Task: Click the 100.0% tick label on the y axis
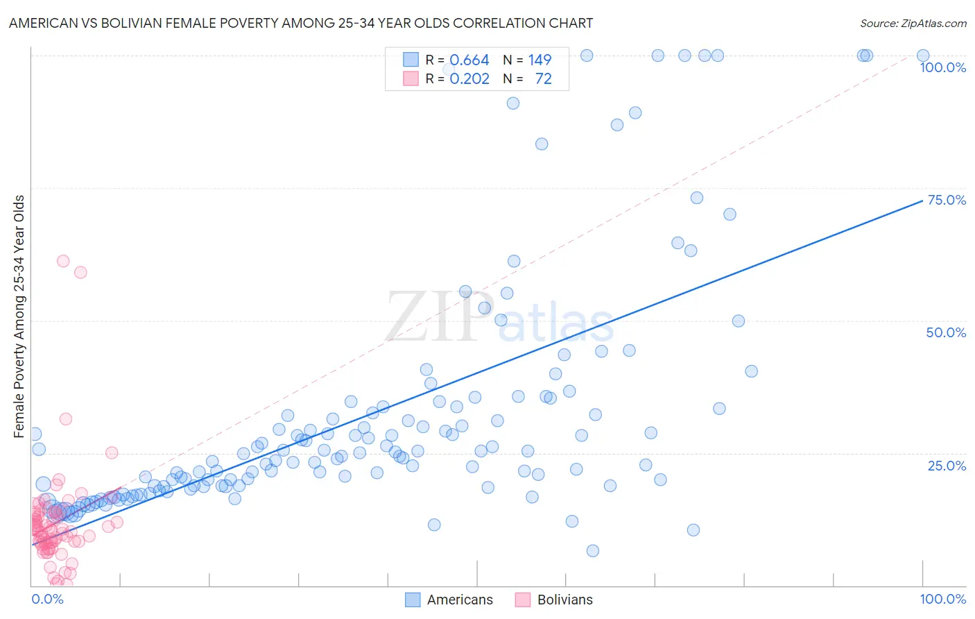pos(942,67)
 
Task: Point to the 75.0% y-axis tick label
pos(946,200)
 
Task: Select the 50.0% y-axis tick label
pos(946,332)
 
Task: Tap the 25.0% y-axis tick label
pos(946,466)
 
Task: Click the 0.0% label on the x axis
pos(47,599)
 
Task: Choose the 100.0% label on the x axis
pos(942,599)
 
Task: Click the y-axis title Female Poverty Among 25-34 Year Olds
pos(19,316)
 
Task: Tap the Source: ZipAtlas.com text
pos(913,23)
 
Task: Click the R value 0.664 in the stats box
pos(469,60)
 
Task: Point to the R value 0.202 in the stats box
pos(469,79)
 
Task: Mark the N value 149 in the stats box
pos(540,60)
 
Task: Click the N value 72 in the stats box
pos(543,79)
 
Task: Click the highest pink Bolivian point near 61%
pos(63,261)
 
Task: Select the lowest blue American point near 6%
pos(593,551)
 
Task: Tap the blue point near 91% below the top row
pos(513,103)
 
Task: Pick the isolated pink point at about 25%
pos(112,452)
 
